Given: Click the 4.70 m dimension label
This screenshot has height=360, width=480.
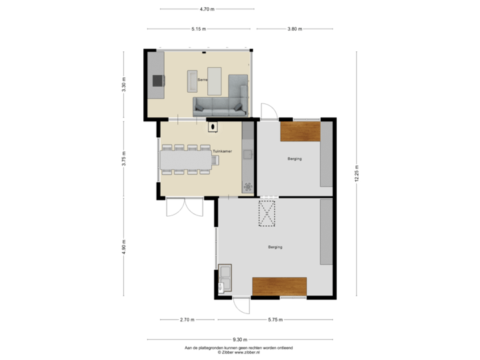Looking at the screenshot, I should click(207, 9).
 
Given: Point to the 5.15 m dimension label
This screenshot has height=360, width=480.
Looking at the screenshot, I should click(199, 29).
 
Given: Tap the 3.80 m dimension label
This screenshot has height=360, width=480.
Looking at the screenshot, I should click(295, 29).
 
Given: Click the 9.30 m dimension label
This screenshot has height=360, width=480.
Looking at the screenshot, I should click(241, 339).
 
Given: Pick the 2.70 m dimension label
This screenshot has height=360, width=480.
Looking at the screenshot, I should click(188, 320).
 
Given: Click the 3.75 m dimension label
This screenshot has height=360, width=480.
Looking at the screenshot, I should click(124, 161).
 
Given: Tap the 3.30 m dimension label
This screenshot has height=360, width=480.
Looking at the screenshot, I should click(124, 85).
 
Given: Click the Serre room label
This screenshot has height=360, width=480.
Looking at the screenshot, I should click(202, 80).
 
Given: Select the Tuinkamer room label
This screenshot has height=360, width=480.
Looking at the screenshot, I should click(221, 152).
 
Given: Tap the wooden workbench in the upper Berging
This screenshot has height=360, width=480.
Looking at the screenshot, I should click(300, 131).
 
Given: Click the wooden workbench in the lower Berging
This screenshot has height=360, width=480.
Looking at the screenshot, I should click(279, 285).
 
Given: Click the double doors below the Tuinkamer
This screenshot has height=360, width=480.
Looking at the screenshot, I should click(184, 207).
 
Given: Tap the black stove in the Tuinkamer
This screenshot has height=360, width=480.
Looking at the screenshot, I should click(213, 126).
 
